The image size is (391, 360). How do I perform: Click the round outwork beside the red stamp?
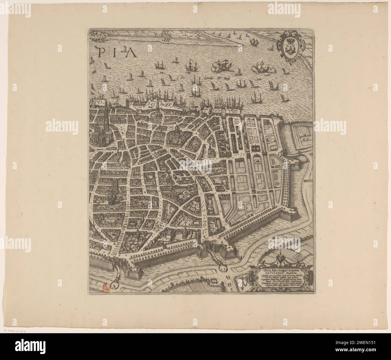(x=115, y=283)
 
